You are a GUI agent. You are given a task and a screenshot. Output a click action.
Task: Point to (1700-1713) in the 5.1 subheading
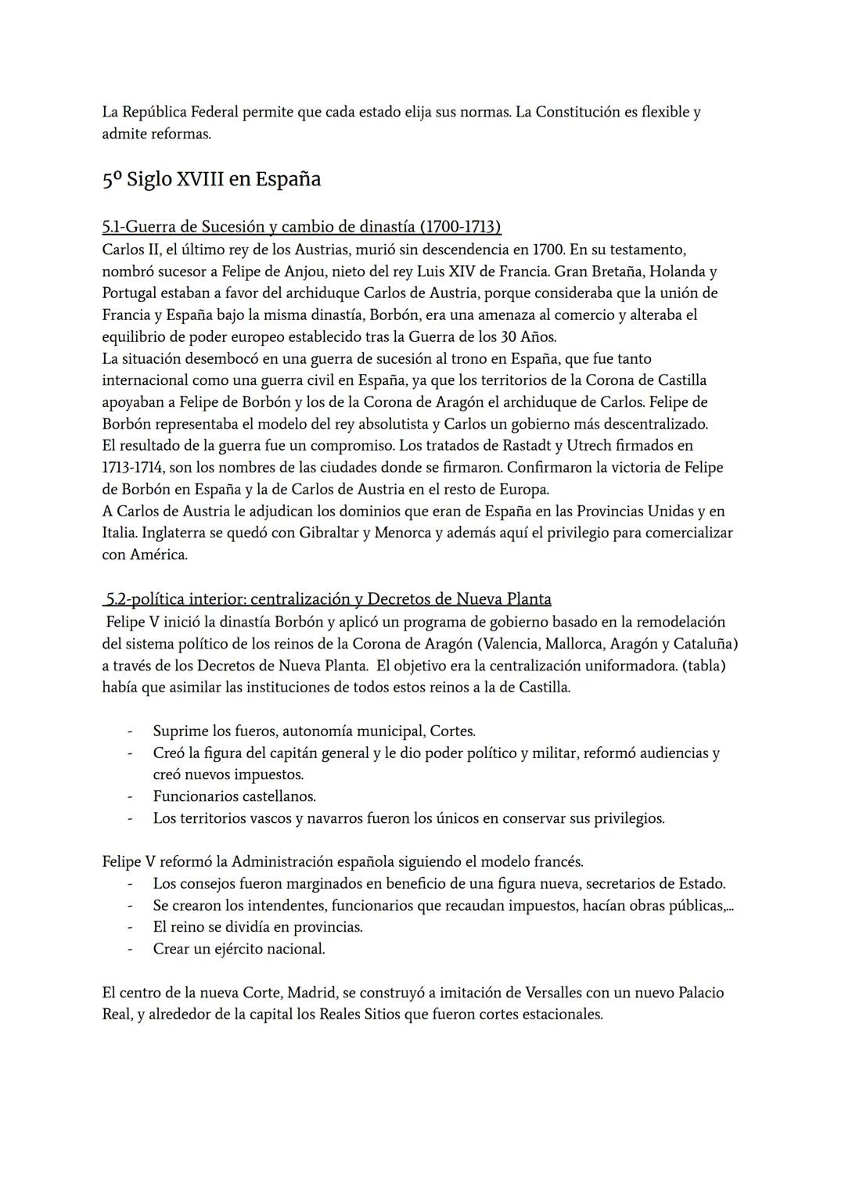(x=460, y=227)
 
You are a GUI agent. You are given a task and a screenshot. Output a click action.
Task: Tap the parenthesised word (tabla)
(x=703, y=666)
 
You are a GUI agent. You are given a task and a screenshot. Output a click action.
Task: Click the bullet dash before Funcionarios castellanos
(x=130, y=797)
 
